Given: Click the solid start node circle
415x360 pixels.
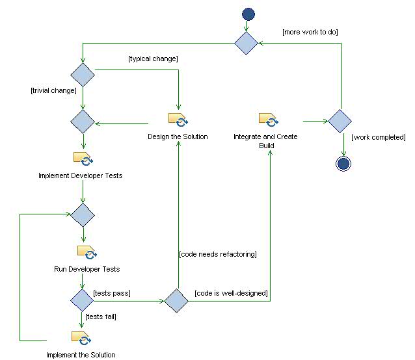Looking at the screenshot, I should click(x=248, y=14).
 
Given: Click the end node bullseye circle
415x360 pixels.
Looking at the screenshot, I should click(x=343, y=163).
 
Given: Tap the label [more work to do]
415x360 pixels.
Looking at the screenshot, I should click(x=310, y=32).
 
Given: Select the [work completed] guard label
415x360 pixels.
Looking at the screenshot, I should click(x=379, y=137).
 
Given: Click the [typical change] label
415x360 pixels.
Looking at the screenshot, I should click(x=154, y=59).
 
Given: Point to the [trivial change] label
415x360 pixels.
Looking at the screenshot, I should click(x=54, y=90).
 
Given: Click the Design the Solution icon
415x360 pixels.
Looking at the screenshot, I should click(x=178, y=120).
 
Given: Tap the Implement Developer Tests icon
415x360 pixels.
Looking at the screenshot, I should click(x=83, y=159).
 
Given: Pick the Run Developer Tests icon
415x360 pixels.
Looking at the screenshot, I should click(x=86, y=252).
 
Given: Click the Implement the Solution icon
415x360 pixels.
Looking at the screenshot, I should click(x=81, y=338).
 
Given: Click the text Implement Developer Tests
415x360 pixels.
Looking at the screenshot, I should click(x=80, y=175).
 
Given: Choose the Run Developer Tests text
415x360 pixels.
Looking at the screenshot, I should click(x=87, y=269).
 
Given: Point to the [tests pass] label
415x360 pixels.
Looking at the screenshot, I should click(x=112, y=294).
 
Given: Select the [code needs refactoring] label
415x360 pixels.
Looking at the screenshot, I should click(x=218, y=254).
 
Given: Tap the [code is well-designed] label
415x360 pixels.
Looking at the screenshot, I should click(x=231, y=294).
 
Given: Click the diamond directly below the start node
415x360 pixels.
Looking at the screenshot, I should click(x=247, y=43).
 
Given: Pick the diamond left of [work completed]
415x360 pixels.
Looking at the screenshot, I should click(x=340, y=121).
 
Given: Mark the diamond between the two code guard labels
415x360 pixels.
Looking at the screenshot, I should click(x=176, y=300).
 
